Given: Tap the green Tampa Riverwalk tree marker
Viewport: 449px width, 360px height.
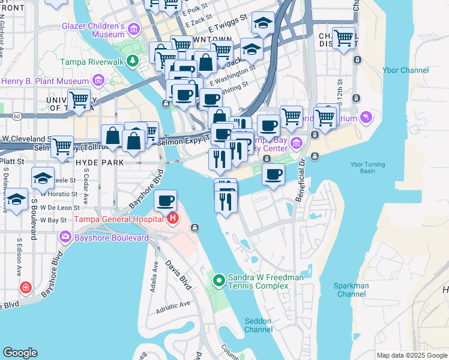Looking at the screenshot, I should click(x=136, y=61).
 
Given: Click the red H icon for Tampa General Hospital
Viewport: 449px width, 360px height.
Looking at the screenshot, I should click(x=173, y=217).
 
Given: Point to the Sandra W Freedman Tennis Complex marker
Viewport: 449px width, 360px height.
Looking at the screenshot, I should click(x=219, y=280).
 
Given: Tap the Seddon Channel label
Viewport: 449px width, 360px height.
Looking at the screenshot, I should click(x=259, y=325).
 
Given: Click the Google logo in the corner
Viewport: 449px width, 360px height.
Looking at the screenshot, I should click(x=20, y=352).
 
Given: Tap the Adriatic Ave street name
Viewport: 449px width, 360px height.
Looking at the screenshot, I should click(x=173, y=307).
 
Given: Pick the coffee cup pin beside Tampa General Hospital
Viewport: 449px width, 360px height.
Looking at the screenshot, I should click(x=165, y=200).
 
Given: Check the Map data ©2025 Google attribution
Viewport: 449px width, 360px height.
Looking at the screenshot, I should click(x=411, y=355).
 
